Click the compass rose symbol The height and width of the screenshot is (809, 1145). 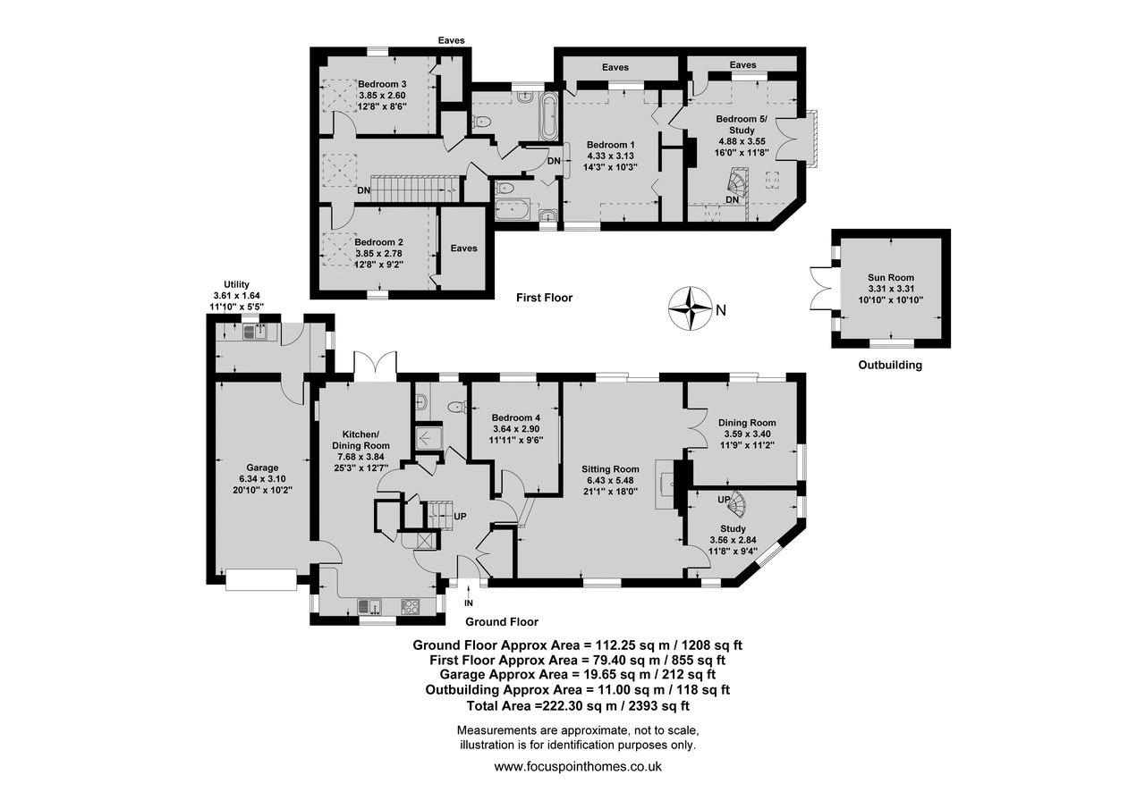point(690,309)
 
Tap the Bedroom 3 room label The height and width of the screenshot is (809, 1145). point(382,84)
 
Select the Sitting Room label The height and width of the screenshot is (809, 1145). point(610,468)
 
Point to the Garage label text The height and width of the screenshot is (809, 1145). point(262,468)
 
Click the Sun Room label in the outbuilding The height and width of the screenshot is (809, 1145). point(890,277)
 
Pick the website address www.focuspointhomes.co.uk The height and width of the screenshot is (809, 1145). point(578,767)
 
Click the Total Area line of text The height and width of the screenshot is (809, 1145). point(578,706)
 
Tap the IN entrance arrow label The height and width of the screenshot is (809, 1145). point(469,603)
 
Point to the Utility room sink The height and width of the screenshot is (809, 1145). point(254,333)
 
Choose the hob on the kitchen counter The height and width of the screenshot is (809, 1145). point(411,606)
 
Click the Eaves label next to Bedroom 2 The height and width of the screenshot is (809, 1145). point(463,249)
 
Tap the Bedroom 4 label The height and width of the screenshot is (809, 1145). point(516,417)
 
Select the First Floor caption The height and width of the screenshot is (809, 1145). point(544,298)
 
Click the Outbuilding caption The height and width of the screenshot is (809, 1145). point(890,366)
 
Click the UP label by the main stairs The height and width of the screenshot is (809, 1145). point(460,517)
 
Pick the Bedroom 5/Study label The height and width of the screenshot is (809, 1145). point(742,124)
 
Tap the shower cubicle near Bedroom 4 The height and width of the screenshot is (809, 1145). point(428,437)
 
